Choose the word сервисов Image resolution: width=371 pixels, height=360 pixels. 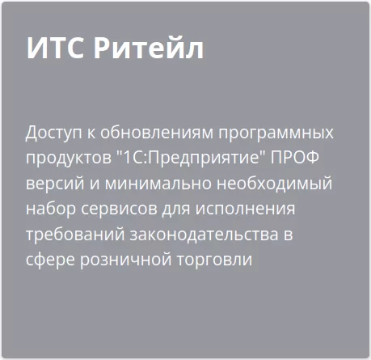point(114,209)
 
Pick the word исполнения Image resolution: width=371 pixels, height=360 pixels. point(243,209)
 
